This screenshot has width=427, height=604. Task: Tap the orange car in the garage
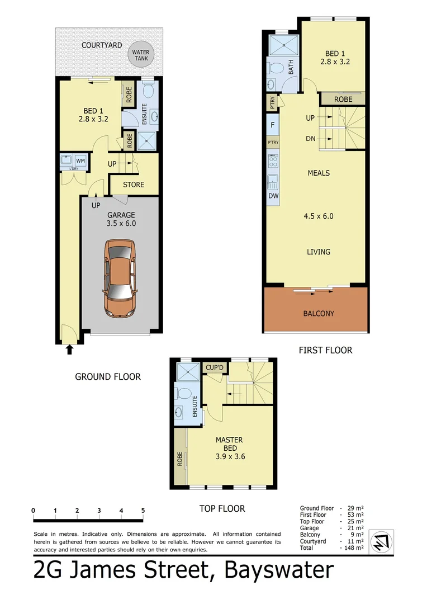tap(120, 278)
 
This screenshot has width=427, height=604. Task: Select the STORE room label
tap(134, 185)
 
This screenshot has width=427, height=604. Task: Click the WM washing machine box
tap(80, 160)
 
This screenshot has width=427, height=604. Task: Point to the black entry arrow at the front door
tap(70, 350)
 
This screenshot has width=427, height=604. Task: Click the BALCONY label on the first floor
tap(319, 313)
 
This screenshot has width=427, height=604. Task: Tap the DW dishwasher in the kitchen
tap(273, 196)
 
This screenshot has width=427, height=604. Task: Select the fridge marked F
tap(272, 125)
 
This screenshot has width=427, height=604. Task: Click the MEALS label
tap(319, 173)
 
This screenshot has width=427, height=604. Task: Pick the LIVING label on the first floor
tap(319, 252)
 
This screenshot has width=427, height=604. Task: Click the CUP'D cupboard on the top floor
tap(215, 367)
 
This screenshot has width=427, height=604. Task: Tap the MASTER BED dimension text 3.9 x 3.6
tap(230, 456)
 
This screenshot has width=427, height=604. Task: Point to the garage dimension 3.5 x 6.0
tap(121, 223)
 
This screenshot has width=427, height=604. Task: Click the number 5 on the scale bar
tap(143, 510)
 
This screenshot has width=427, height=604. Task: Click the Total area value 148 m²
tap(353, 549)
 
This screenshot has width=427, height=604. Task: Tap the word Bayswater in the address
tap(279, 571)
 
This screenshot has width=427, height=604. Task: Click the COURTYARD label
tap(102, 45)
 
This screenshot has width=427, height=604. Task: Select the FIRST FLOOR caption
tap(325, 350)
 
